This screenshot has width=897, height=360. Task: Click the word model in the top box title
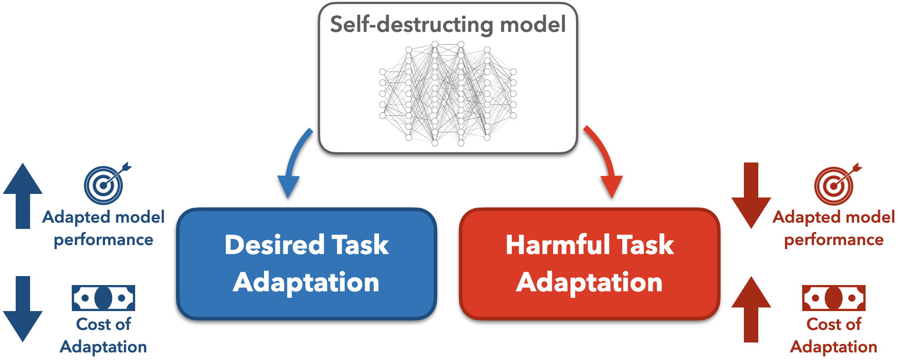tap(532, 24)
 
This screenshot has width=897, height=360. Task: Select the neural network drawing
tap(448, 93)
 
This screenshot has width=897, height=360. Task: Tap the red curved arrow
tap(604, 162)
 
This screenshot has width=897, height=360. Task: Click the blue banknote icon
tap(103, 298)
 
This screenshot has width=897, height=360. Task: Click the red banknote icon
tap(833, 298)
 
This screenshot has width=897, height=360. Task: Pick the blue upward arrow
tap(23, 196)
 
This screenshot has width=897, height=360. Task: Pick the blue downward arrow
tap(23, 309)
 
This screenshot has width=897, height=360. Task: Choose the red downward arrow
tap(751, 196)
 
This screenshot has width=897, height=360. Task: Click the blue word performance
tap(103, 240)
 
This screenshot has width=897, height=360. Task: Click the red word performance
tap(834, 240)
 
